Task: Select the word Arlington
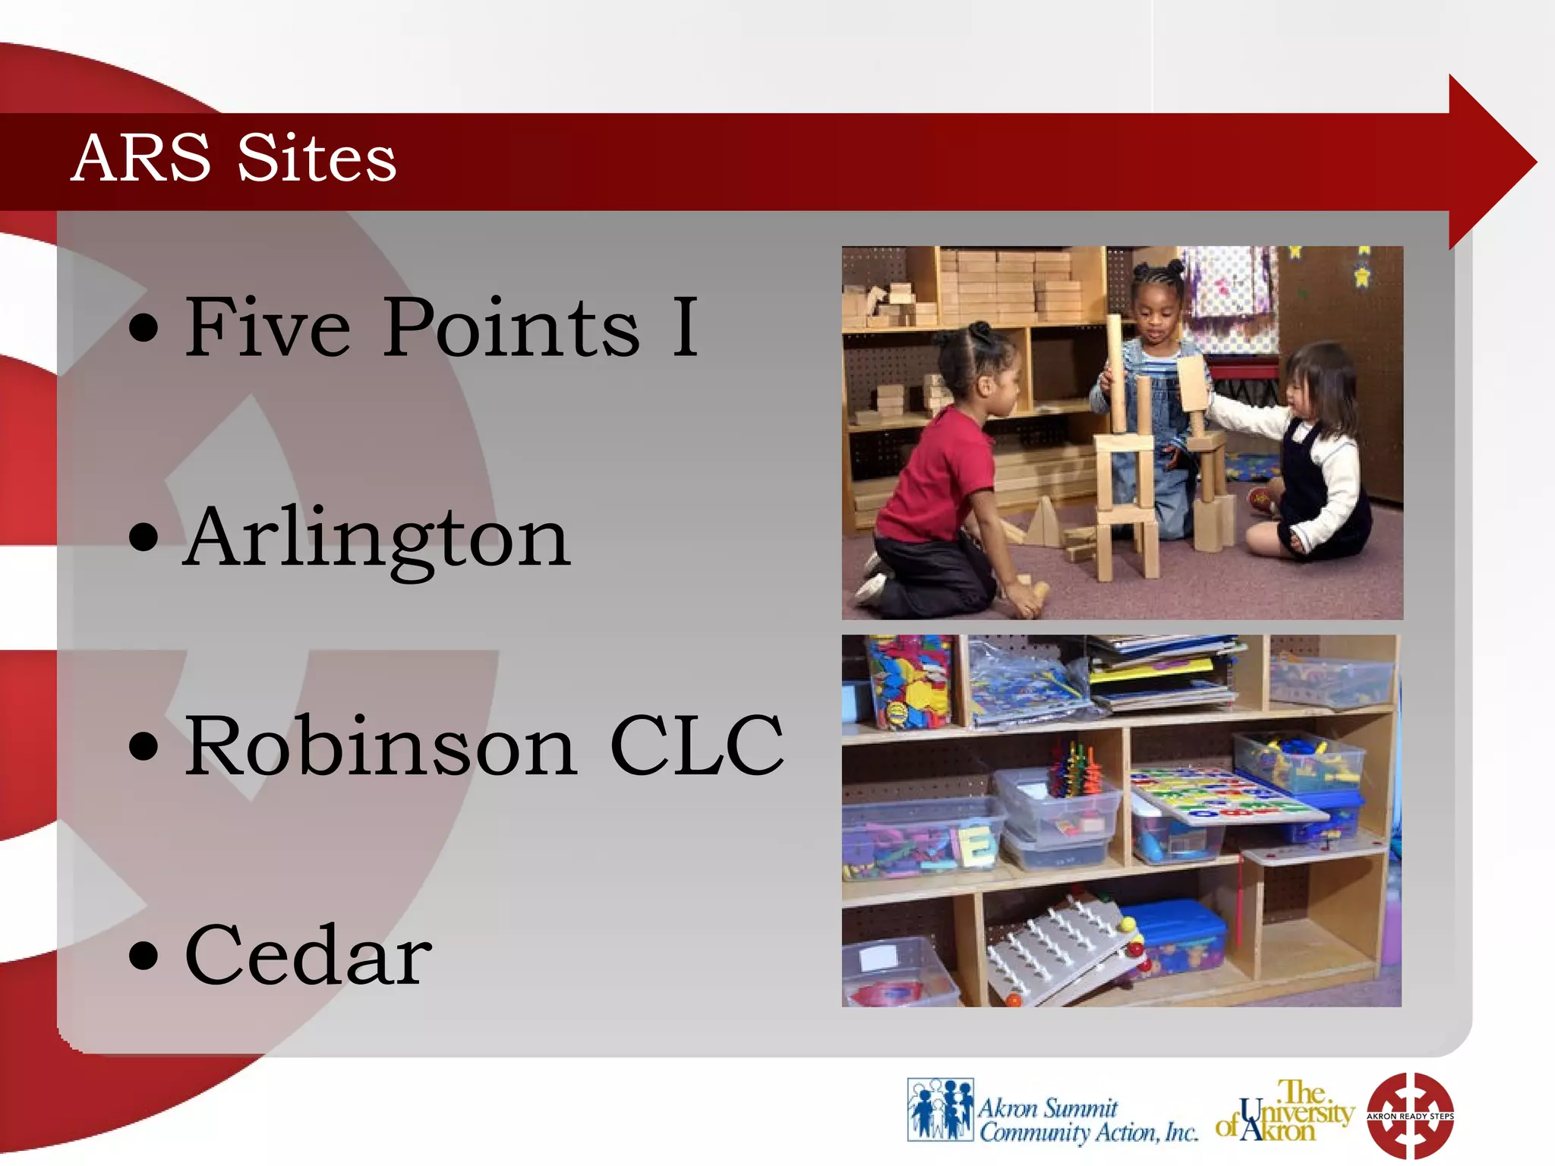[377, 539]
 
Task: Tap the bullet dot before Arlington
[144, 537]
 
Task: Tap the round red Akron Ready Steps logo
[1410, 1115]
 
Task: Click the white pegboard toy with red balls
[1055, 949]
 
